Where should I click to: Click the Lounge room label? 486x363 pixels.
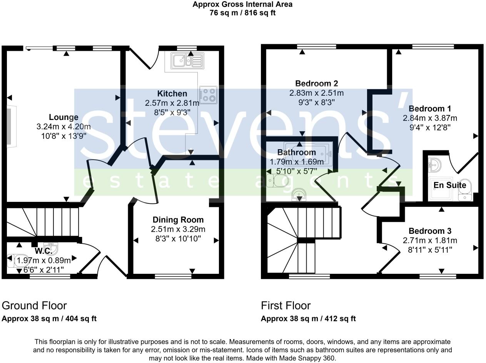63,117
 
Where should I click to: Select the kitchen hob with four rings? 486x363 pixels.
208,94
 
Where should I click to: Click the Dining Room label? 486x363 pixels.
178,220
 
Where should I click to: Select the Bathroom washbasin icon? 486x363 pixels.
299,195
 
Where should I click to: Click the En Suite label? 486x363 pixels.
449,185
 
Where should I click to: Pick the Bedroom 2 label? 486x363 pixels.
316,83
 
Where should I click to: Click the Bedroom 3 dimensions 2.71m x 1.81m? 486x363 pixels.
430,241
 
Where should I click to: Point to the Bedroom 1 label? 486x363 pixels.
430,109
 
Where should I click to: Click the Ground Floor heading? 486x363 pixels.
34,305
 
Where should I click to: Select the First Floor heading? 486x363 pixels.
286,305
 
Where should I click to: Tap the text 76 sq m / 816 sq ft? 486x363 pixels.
242,13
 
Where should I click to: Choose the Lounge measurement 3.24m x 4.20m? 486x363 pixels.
63,127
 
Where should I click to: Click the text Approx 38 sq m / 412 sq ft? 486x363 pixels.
308,319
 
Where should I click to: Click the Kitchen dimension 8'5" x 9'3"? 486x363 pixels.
172,113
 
